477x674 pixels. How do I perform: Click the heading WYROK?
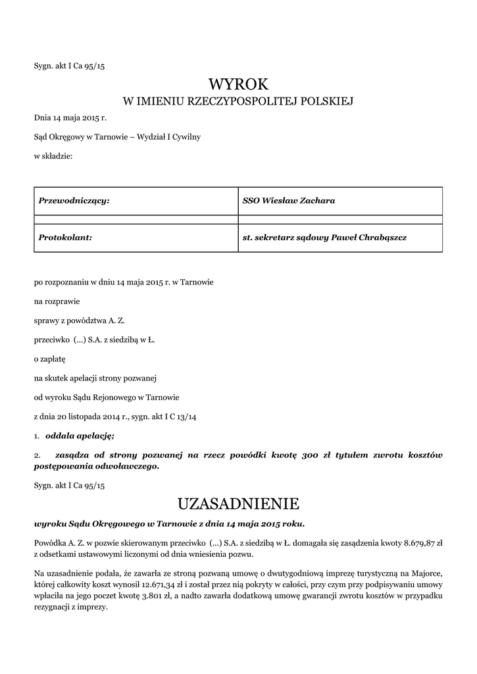click(239, 84)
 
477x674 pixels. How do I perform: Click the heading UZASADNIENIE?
click(239, 504)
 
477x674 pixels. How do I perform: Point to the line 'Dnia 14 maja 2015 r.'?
click(70, 118)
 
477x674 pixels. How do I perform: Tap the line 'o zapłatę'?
click(51, 359)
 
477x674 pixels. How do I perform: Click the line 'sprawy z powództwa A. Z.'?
click(79, 321)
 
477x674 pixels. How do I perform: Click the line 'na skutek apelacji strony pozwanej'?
click(95, 378)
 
